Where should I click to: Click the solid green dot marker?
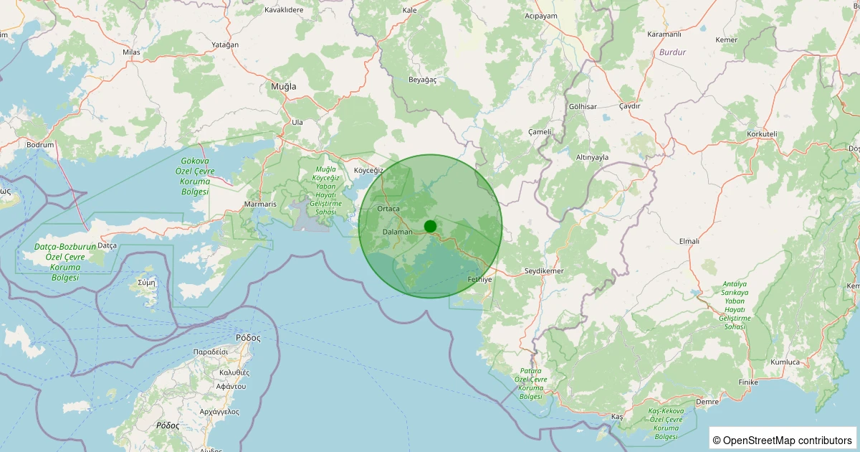pyautogui.click(x=430, y=226)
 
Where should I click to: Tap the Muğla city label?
pyautogui.click(x=283, y=86)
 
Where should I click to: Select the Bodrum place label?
pyautogui.click(x=40, y=144)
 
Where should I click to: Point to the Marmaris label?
pyautogui.click(x=260, y=204)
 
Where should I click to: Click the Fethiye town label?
pyautogui.click(x=479, y=279)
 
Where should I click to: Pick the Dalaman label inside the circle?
pyautogui.click(x=398, y=232)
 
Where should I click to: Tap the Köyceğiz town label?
pyautogui.click(x=369, y=171)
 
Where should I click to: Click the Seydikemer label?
pyautogui.click(x=545, y=270)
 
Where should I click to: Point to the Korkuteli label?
pyautogui.click(x=762, y=134)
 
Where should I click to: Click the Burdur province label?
pyautogui.click(x=672, y=52)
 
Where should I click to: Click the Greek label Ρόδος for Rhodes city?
pyautogui.click(x=247, y=337)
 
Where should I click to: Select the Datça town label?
pyautogui.click(x=107, y=245)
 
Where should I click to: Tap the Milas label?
pyautogui.click(x=131, y=52)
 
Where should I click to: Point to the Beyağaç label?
pyautogui.click(x=422, y=80)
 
